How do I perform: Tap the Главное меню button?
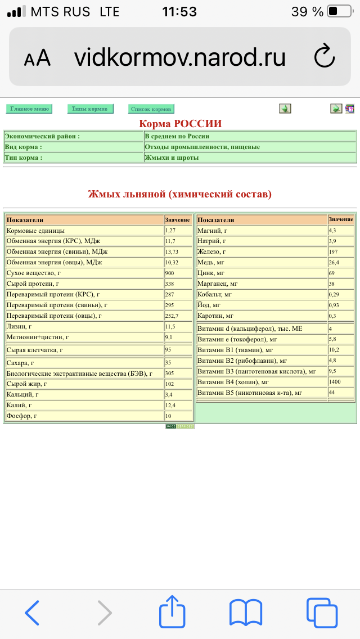point(29,109)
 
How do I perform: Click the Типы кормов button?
point(91,109)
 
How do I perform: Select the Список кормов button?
point(151,109)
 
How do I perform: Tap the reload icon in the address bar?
point(324,56)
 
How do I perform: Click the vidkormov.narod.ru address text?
point(180,57)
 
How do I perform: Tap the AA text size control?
point(37,58)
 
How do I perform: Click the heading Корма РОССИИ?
point(180,124)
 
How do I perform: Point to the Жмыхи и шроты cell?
point(172,157)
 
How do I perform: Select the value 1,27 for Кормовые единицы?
point(170,231)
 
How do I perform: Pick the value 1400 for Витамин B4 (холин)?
point(335,382)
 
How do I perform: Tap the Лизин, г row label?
point(20,326)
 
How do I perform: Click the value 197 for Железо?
point(334,251)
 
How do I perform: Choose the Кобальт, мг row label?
point(214,294)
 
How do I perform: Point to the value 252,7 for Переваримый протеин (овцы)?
point(172,316)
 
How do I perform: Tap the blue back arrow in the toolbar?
point(33,613)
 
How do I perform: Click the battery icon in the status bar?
point(339,11)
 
